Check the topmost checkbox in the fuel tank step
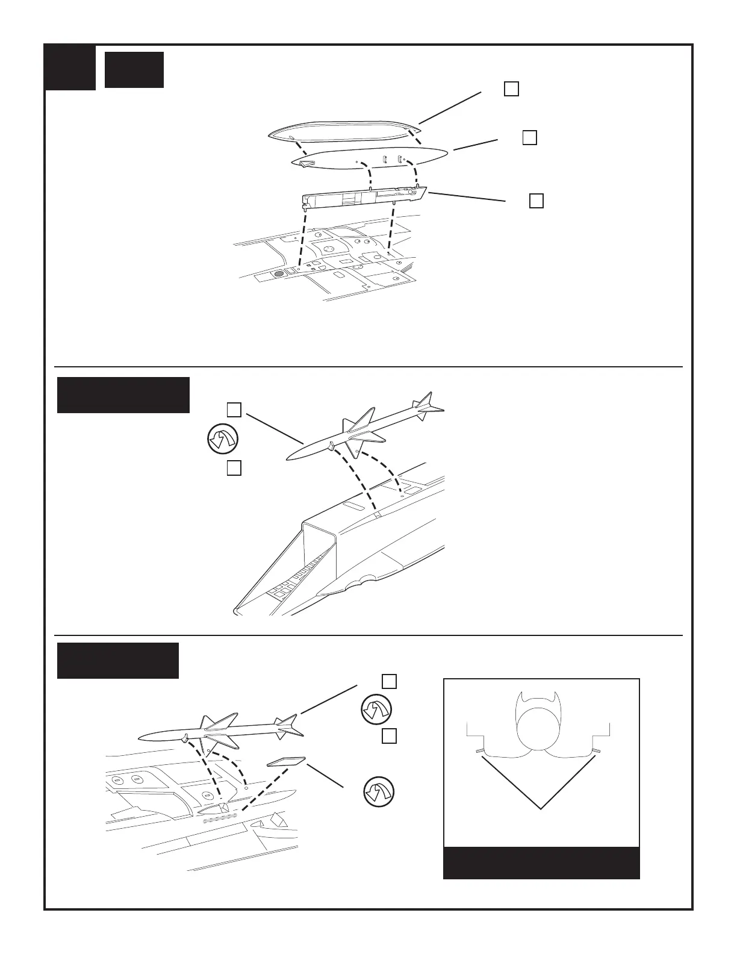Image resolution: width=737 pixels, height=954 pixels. [x=511, y=89]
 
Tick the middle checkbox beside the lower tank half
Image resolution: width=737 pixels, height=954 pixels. [x=529, y=137]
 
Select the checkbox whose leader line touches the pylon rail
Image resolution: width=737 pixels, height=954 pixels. [x=536, y=201]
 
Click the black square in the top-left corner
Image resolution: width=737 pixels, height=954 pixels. [x=70, y=67]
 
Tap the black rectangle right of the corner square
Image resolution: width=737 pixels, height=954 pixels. [x=134, y=70]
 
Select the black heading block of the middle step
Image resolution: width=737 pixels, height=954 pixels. [x=123, y=395]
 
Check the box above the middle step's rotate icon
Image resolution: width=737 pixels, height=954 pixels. [x=234, y=410]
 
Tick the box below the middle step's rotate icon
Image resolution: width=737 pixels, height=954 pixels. [x=234, y=468]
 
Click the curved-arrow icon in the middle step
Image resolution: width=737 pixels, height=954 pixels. [x=222, y=439]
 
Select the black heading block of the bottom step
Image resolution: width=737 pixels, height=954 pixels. [x=118, y=661]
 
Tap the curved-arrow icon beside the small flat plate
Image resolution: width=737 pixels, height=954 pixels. [x=379, y=791]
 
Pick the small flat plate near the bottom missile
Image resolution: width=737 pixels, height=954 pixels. [x=286, y=762]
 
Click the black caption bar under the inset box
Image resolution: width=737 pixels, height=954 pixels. [x=541, y=863]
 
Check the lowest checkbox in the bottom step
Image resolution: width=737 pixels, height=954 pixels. [x=390, y=736]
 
